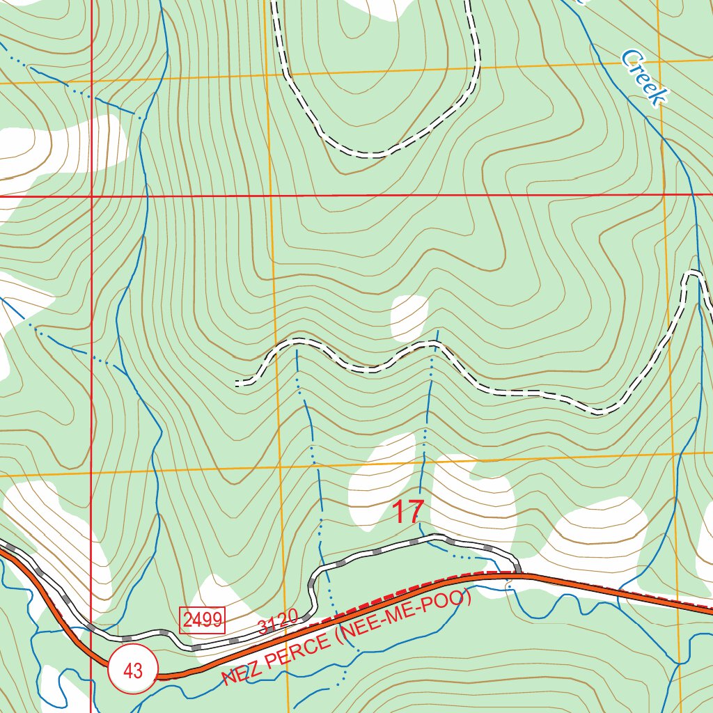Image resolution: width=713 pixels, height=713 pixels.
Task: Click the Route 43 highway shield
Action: click(x=132, y=671)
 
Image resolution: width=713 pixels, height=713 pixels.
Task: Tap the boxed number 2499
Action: click(x=203, y=619)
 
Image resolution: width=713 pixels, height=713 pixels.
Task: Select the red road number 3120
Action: click(x=278, y=621)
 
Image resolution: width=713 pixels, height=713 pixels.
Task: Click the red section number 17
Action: click(x=407, y=512)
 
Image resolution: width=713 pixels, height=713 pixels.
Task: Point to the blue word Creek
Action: click(x=643, y=77)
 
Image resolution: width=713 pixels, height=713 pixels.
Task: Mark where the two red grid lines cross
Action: click(x=91, y=196)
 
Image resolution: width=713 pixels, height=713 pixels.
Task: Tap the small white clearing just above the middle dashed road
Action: click(x=409, y=317)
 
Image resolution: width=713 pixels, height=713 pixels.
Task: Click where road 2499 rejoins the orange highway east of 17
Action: click(x=519, y=574)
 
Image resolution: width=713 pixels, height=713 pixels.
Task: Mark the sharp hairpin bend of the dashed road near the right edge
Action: click(x=694, y=274)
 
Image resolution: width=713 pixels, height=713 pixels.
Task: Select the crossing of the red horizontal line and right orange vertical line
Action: click(x=664, y=194)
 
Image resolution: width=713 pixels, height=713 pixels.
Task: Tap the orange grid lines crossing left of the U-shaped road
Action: click(x=266, y=72)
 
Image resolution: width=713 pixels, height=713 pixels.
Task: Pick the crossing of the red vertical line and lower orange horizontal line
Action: click(x=91, y=476)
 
